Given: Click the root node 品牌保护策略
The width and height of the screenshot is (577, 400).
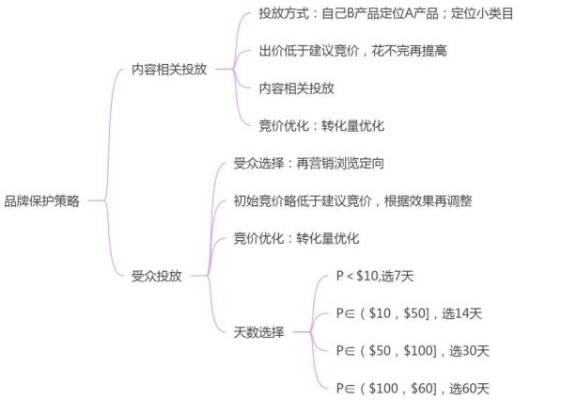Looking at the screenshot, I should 41,200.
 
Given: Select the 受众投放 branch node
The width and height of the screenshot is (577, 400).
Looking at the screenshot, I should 156,276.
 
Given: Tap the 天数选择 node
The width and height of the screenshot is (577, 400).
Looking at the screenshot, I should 258,332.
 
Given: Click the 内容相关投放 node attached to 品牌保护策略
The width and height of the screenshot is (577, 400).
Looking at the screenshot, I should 169,70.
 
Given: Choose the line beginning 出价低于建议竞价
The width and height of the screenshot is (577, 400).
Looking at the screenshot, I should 352,51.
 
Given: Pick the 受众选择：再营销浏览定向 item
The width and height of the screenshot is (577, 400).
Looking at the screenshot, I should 308,163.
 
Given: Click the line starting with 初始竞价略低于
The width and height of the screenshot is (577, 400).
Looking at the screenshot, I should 352,200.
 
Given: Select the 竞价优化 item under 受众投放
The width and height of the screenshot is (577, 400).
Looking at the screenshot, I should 296,238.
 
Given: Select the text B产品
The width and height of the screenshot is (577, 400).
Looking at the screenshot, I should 361,14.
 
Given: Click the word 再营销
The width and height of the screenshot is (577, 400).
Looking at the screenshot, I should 318,163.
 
